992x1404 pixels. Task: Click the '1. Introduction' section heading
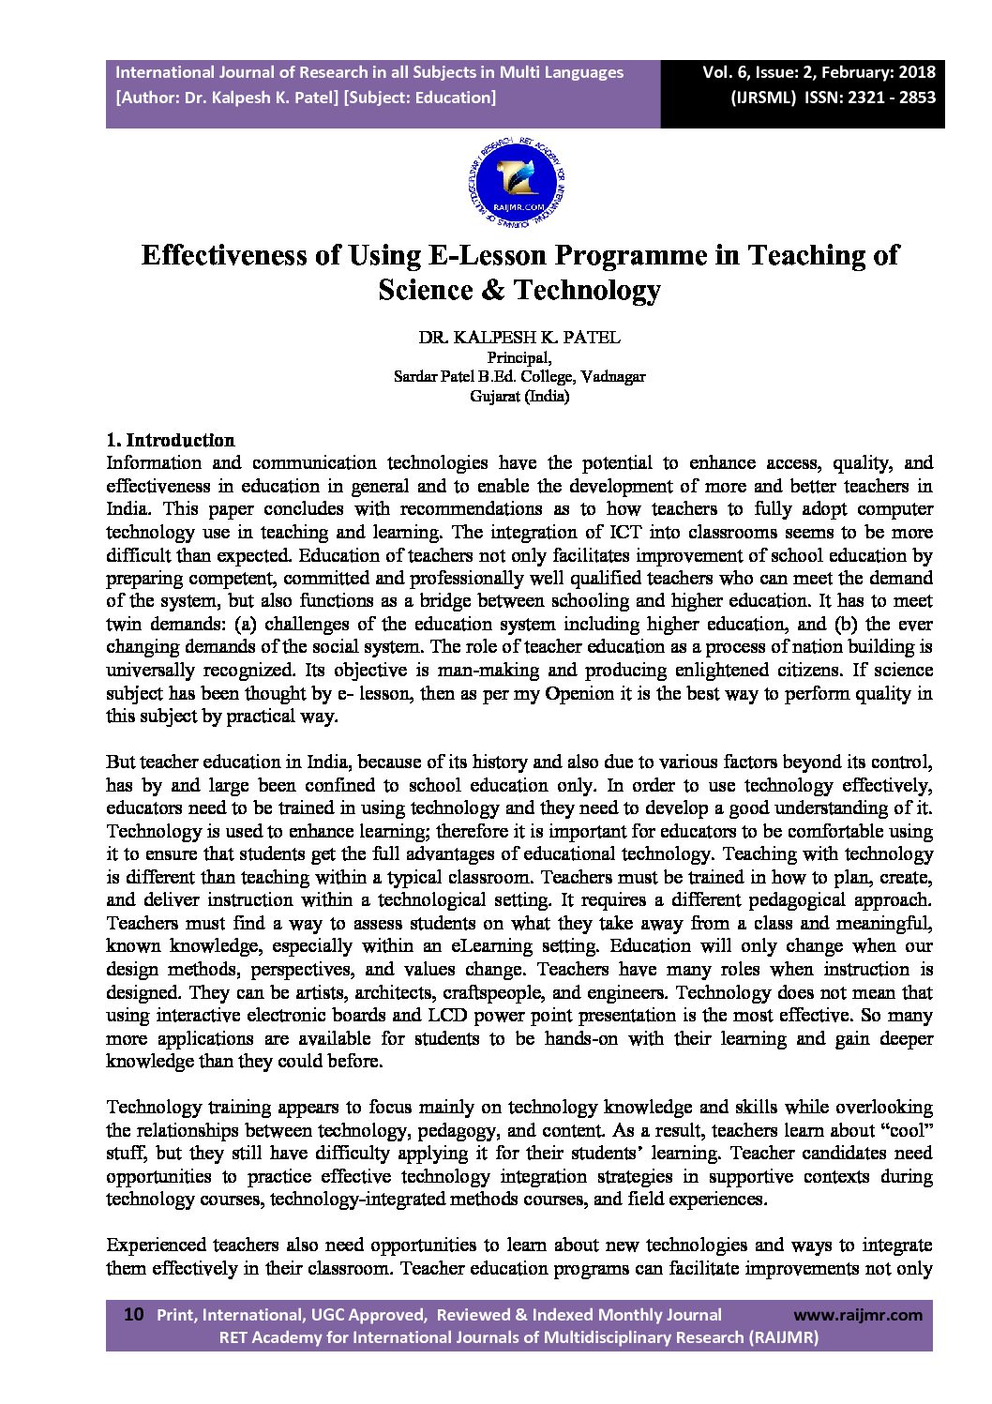[x=171, y=440]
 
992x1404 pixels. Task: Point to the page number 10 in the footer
[x=133, y=1315]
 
